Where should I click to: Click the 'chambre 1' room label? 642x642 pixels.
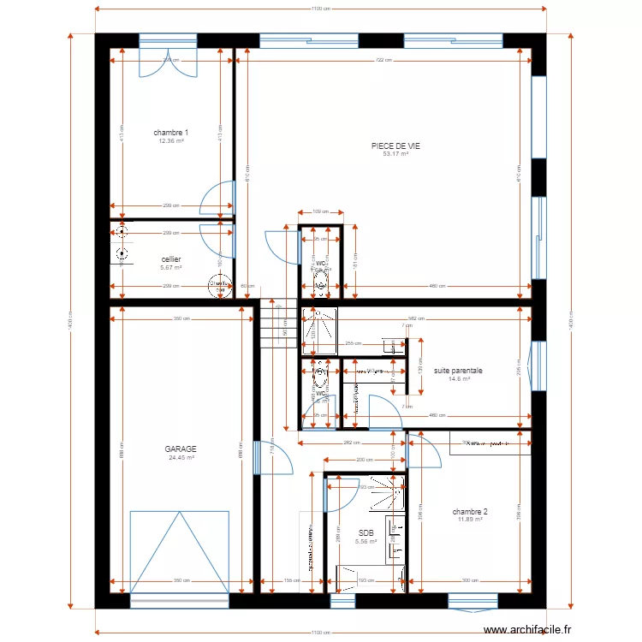point(171,133)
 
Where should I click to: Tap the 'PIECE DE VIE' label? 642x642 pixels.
point(395,146)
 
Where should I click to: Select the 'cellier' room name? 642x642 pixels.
point(171,259)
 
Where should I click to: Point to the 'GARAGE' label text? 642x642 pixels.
point(181,449)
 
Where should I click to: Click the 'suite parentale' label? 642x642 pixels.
point(458,371)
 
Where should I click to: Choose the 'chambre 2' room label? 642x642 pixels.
point(470,511)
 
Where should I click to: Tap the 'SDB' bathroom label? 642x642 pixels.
point(366,532)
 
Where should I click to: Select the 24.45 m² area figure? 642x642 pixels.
point(181,457)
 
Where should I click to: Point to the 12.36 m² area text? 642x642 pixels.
point(171,140)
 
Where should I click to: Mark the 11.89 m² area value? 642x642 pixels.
point(470,519)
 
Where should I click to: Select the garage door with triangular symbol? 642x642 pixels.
point(180,552)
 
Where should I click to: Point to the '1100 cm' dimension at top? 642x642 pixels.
point(320,9)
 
